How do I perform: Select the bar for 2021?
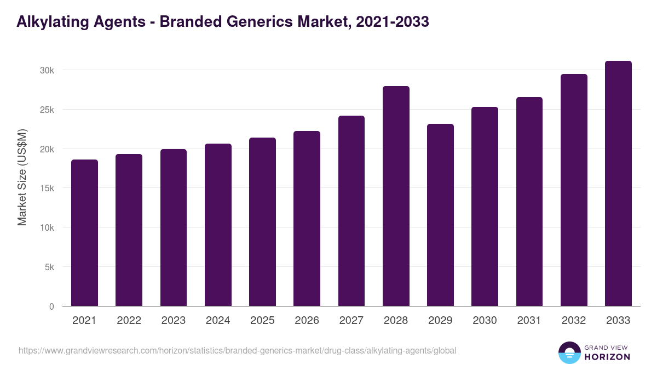coord(84,233)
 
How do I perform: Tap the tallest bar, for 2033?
coord(618,184)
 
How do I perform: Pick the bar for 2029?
coord(440,215)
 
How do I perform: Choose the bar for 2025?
coord(262,222)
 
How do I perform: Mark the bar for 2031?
coord(529,202)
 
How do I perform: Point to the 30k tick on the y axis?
coord(48,70)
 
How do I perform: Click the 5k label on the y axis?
coord(49,267)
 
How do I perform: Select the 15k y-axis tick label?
coord(48,188)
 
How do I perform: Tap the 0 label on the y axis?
coord(51,306)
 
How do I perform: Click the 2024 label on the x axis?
coord(218,321)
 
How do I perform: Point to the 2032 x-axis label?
coord(574,321)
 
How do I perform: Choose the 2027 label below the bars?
coord(351,321)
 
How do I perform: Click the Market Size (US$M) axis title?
coord(22,177)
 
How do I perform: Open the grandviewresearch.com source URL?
coord(237,350)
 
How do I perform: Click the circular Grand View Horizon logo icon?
coord(569,352)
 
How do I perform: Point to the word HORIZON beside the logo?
coord(607,357)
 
